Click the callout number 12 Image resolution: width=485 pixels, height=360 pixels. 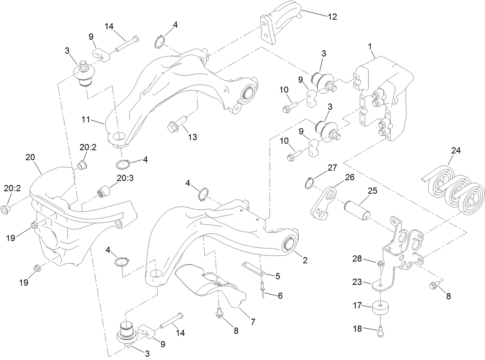click(x=332, y=17)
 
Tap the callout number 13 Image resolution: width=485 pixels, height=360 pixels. click(x=192, y=137)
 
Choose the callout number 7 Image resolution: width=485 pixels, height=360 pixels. click(x=253, y=321)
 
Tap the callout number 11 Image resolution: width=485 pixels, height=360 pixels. click(x=86, y=120)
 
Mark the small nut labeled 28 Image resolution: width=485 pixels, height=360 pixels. click(x=380, y=264)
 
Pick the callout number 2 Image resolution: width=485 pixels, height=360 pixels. click(x=305, y=260)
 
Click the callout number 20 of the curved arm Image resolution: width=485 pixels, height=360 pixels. click(x=30, y=157)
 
